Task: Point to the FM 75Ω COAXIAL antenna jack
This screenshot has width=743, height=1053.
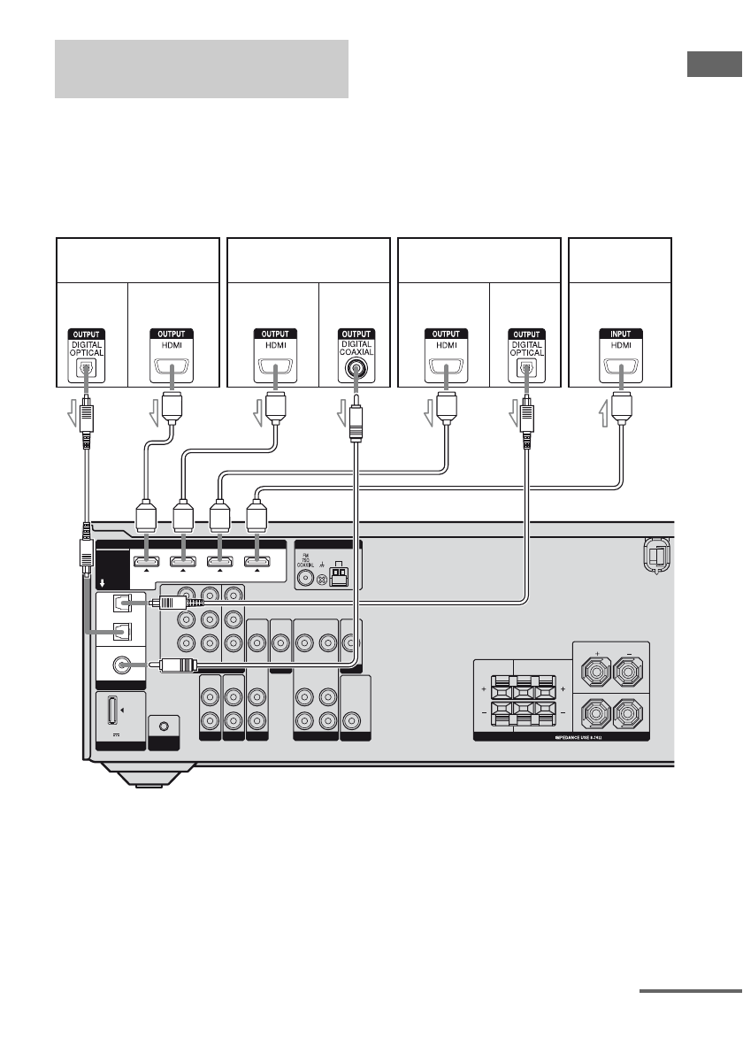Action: [307, 580]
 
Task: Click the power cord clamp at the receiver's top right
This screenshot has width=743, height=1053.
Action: [655, 556]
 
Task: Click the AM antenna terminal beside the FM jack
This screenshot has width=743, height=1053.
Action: [341, 577]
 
